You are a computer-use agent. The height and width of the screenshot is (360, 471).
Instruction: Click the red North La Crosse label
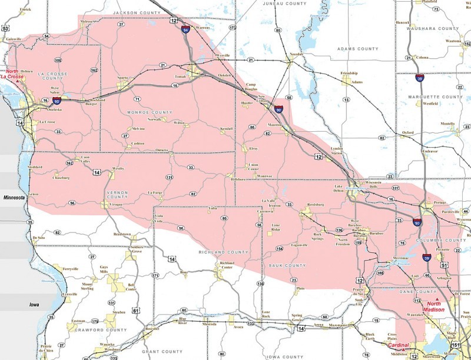point(12,74)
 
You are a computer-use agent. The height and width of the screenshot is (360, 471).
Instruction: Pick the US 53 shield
point(5,28)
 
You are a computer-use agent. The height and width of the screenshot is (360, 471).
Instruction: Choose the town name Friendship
point(349,74)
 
